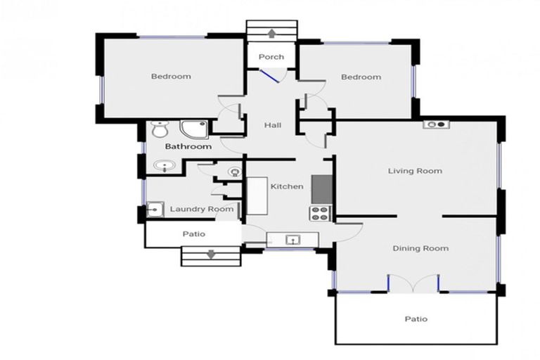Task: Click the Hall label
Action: (272, 125)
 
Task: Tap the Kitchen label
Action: (287, 186)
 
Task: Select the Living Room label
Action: (415, 171)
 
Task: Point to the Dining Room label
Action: (420, 248)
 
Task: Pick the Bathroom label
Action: (188, 147)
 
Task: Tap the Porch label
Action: (271, 57)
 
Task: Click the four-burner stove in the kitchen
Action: (320, 213)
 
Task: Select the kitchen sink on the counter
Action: (293, 240)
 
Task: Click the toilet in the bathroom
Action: (160, 129)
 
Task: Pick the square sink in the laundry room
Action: (154, 210)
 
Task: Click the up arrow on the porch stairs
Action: (271, 32)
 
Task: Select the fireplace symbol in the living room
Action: (436, 124)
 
